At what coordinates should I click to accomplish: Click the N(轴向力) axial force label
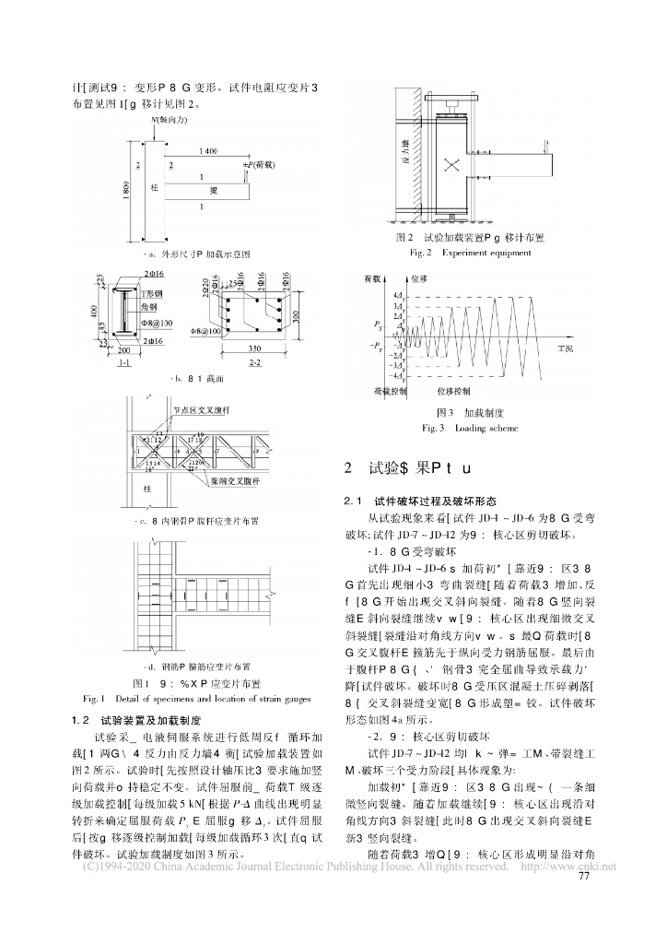coord(169,121)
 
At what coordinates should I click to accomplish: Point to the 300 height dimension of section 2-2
coord(295,316)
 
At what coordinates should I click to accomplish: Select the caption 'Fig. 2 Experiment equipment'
coord(473,252)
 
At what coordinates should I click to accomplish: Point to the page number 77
coord(583,876)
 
